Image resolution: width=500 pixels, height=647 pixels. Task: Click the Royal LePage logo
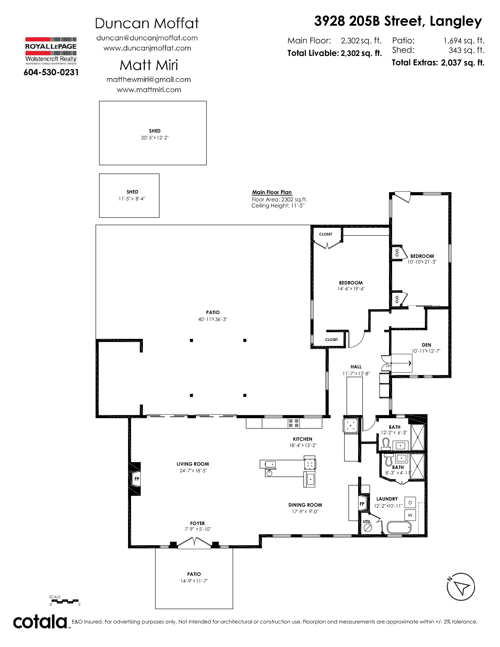51,51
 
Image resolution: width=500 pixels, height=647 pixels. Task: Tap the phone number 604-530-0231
51,72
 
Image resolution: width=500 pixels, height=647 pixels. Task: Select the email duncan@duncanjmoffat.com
147,38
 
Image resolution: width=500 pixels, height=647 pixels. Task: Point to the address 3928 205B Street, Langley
398,21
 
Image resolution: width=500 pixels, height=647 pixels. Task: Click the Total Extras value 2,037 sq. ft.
462,63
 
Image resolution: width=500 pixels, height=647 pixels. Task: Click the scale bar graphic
65,601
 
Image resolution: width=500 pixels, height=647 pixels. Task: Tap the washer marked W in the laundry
410,515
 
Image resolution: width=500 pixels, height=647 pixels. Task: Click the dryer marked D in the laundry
410,503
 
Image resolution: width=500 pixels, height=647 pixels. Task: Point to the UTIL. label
367,521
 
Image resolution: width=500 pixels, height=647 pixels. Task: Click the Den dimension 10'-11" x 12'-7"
426,351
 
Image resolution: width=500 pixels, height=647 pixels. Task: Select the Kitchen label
302,439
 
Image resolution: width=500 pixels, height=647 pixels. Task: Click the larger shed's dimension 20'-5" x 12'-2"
155,138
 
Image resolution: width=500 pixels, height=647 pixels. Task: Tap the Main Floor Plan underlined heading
272,193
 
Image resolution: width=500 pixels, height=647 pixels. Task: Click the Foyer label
198,523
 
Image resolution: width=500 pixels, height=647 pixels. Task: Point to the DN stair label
388,366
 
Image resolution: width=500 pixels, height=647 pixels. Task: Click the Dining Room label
305,505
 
